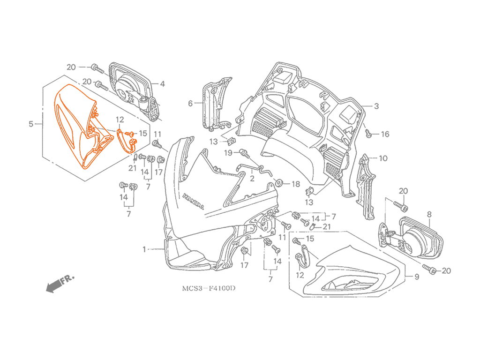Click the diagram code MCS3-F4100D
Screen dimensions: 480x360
pyautogui.click(x=209, y=288)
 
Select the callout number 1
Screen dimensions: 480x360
pyautogui.click(x=144, y=249)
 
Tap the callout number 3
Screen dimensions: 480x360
pyautogui.click(x=376, y=106)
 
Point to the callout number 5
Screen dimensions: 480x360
pyautogui.click(x=31, y=124)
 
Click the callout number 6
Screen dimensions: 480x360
pyautogui.click(x=190, y=104)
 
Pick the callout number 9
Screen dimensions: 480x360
pyautogui.click(x=417, y=277)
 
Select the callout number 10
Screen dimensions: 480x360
pyautogui.click(x=383, y=158)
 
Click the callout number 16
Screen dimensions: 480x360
pyautogui.click(x=385, y=134)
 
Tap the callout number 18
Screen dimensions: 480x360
pyautogui.click(x=296, y=184)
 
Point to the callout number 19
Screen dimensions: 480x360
pyautogui.click(x=228, y=152)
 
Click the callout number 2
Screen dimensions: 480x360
pyautogui.click(x=252, y=178)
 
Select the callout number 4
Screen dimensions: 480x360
pyautogui.click(x=162, y=83)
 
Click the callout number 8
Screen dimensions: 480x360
pyautogui.click(x=429, y=214)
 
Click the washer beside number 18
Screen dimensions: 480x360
pyautogui.click(x=279, y=183)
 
